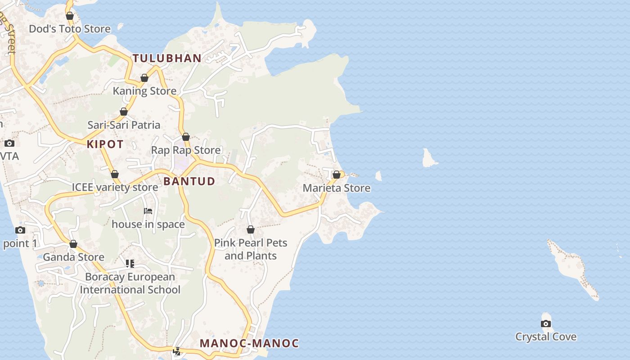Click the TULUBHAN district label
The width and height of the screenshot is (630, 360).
coord(167,58)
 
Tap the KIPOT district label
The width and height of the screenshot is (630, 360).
coord(105,144)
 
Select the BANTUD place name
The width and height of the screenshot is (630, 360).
coord(189,181)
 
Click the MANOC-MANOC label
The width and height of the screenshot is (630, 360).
coord(249,343)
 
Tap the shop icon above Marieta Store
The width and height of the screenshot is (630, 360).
coord(336,175)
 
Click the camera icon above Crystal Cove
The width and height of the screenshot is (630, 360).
coord(545,324)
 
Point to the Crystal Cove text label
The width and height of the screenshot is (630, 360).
coord(545,337)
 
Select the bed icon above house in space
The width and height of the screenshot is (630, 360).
coord(148,211)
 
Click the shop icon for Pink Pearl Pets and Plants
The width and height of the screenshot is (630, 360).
coord(251,229)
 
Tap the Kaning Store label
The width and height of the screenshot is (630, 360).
coord(144,91)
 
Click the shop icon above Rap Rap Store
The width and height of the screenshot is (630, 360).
coord(185,137)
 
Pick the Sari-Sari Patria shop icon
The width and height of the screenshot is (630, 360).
coord(123,112)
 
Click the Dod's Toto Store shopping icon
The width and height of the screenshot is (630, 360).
coord(69,16)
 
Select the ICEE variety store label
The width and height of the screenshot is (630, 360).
coord(115,187)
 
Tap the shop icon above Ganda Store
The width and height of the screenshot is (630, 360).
coord(73,244)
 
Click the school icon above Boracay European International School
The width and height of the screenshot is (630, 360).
coord(130,263)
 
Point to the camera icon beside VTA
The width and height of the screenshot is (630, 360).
coord(9,144)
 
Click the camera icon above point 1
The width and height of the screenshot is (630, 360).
coord(20,230)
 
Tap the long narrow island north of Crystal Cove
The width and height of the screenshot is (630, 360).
coord(571,268)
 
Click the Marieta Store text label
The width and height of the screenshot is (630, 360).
coord(336,188)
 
